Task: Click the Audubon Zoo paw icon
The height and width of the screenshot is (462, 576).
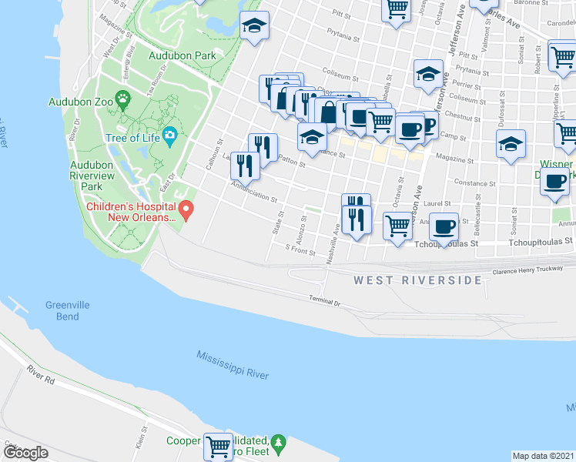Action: point(123,100)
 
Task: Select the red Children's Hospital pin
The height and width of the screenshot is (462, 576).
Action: point(186,209)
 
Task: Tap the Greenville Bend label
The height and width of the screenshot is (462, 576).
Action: point(67,310)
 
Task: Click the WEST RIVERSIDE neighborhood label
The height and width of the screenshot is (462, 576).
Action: point(417,280)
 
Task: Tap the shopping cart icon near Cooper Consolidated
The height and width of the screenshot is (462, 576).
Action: point(219,444)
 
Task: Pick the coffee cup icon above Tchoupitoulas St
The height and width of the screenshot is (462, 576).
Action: point(444,226)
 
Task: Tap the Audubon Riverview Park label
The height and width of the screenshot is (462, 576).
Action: point(97,176)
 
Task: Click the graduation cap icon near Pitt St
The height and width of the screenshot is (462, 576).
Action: point(254,25)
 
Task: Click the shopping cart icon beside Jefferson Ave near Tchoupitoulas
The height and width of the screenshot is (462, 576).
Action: point(397,226)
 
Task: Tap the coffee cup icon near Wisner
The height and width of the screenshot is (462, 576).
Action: point(554,181)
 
